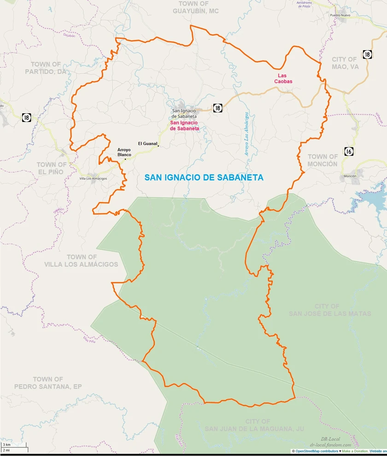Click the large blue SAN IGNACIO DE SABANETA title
click(x=204, y=177)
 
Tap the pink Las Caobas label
click(x=285, y=78)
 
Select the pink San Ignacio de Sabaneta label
click(x=185, y=126)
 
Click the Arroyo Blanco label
click(x=124, y=152)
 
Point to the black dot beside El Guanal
click(x=158, y=146)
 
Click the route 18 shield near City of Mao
click(x=367, y=54)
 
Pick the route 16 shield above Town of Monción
click(x=349, y=151)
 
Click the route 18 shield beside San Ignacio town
click(x=217, y=108)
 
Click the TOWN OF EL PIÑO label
click(x=52, y=168)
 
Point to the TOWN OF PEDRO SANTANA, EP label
click(x=48, y=383)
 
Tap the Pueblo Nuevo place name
click(x=341, y=15)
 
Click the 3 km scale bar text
click(x=6, y=444)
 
